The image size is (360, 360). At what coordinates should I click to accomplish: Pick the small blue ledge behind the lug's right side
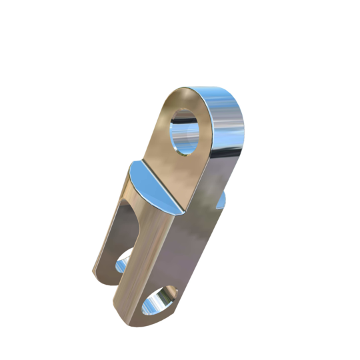click(222, 200)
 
